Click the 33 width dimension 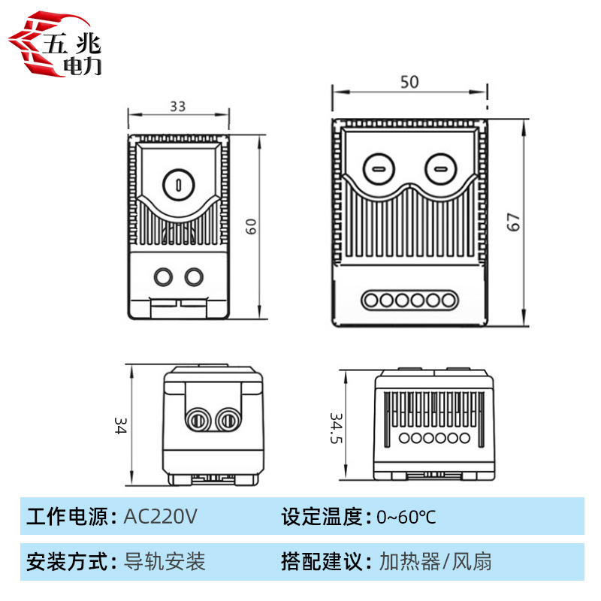177,107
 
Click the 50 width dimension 409,83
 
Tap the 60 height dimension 252,226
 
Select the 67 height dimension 513,222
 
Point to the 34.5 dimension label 337,427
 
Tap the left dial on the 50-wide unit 378,168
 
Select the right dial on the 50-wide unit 440,168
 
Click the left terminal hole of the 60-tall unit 162,277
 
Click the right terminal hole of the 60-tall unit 194,277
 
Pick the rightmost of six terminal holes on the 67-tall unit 448,300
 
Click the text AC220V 159,517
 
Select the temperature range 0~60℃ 406,517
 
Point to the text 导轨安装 163,561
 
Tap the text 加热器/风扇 436,561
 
